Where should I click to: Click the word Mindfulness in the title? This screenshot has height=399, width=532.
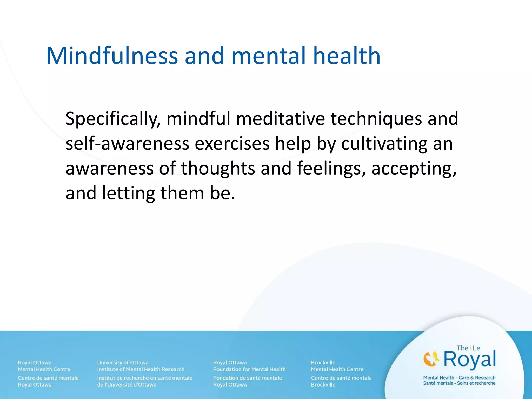tap(112, 56)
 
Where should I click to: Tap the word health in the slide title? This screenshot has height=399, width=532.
tap(347, 56)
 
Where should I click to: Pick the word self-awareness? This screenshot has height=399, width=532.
tap(127, 144)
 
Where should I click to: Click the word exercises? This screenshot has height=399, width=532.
tap(232, 144)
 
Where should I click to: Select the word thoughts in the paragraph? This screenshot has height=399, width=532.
tap(218, 169)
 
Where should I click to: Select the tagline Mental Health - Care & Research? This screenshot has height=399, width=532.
tap(459, 377)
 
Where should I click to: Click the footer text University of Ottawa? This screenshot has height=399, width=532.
tap(123, 362)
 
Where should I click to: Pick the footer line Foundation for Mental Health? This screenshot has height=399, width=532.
tap(249, 369)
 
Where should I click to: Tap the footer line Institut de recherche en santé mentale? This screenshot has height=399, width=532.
tap(145, 378)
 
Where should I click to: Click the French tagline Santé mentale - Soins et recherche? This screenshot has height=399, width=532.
tap(459, 383)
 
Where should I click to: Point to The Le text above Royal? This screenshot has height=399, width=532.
tap(468, 348)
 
